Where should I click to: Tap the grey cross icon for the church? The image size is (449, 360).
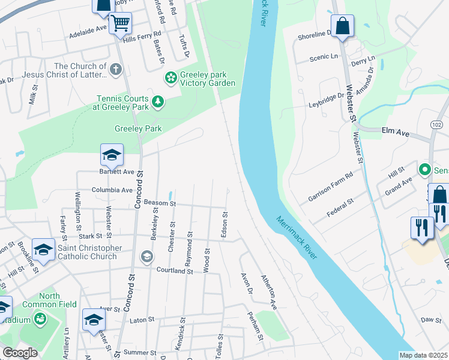(x=116, y=71)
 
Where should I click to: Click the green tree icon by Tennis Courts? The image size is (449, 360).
(x=158, y=102)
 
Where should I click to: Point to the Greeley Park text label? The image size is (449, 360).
(x=138, y=128)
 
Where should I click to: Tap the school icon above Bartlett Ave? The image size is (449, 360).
(x=112, y=155)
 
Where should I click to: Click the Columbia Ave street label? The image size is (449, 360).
(x=112, y=190)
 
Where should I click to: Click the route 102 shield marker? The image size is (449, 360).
(x=436, y=122)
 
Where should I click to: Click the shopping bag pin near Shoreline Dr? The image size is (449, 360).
(x=342, y=26)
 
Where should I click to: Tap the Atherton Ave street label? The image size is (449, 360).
(x=268, y=292)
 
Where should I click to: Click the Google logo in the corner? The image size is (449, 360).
(x=20, y=353)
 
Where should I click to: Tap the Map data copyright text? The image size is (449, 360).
(x=423, y=355)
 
